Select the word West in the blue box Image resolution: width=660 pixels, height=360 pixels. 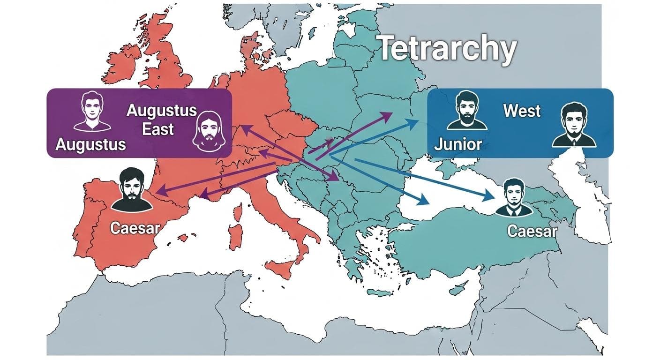522,111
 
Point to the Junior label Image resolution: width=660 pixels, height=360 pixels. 458,144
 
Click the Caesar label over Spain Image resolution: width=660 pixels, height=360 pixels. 135,228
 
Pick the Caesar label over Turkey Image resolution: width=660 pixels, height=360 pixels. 532,231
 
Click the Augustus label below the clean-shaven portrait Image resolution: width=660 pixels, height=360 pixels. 90,144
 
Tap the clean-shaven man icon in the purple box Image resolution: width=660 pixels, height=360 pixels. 92,112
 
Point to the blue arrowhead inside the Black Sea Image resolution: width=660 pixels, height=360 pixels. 425,200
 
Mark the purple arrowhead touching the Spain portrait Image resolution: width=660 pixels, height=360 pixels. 159,192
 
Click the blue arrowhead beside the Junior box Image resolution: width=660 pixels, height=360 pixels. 415,123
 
